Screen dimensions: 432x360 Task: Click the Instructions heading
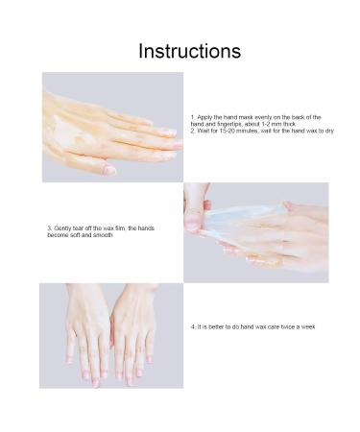pos(189,50)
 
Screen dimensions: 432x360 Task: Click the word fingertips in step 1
pos(225,123)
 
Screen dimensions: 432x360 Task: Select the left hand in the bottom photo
pos(87,336)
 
